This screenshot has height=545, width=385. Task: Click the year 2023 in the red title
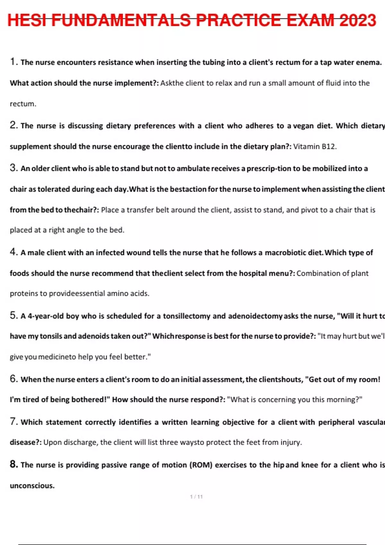pyautogui.click(x=357, y=20)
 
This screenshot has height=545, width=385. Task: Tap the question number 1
pyautogui.click(x=13, y=62)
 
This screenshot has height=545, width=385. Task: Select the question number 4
pyautogui.click(x=13, y=252)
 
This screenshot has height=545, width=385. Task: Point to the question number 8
pyautogui.click(x=13, y=464)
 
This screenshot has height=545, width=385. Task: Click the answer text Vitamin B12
pyautogui.click(x=315, y=147)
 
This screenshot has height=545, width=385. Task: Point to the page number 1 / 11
pyautogui.click(x=196, y=497)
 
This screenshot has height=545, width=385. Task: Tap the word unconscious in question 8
pyautogui.click(x=32, y=486)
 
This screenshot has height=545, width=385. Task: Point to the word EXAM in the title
pyautogui.click(x=311, y=20)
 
